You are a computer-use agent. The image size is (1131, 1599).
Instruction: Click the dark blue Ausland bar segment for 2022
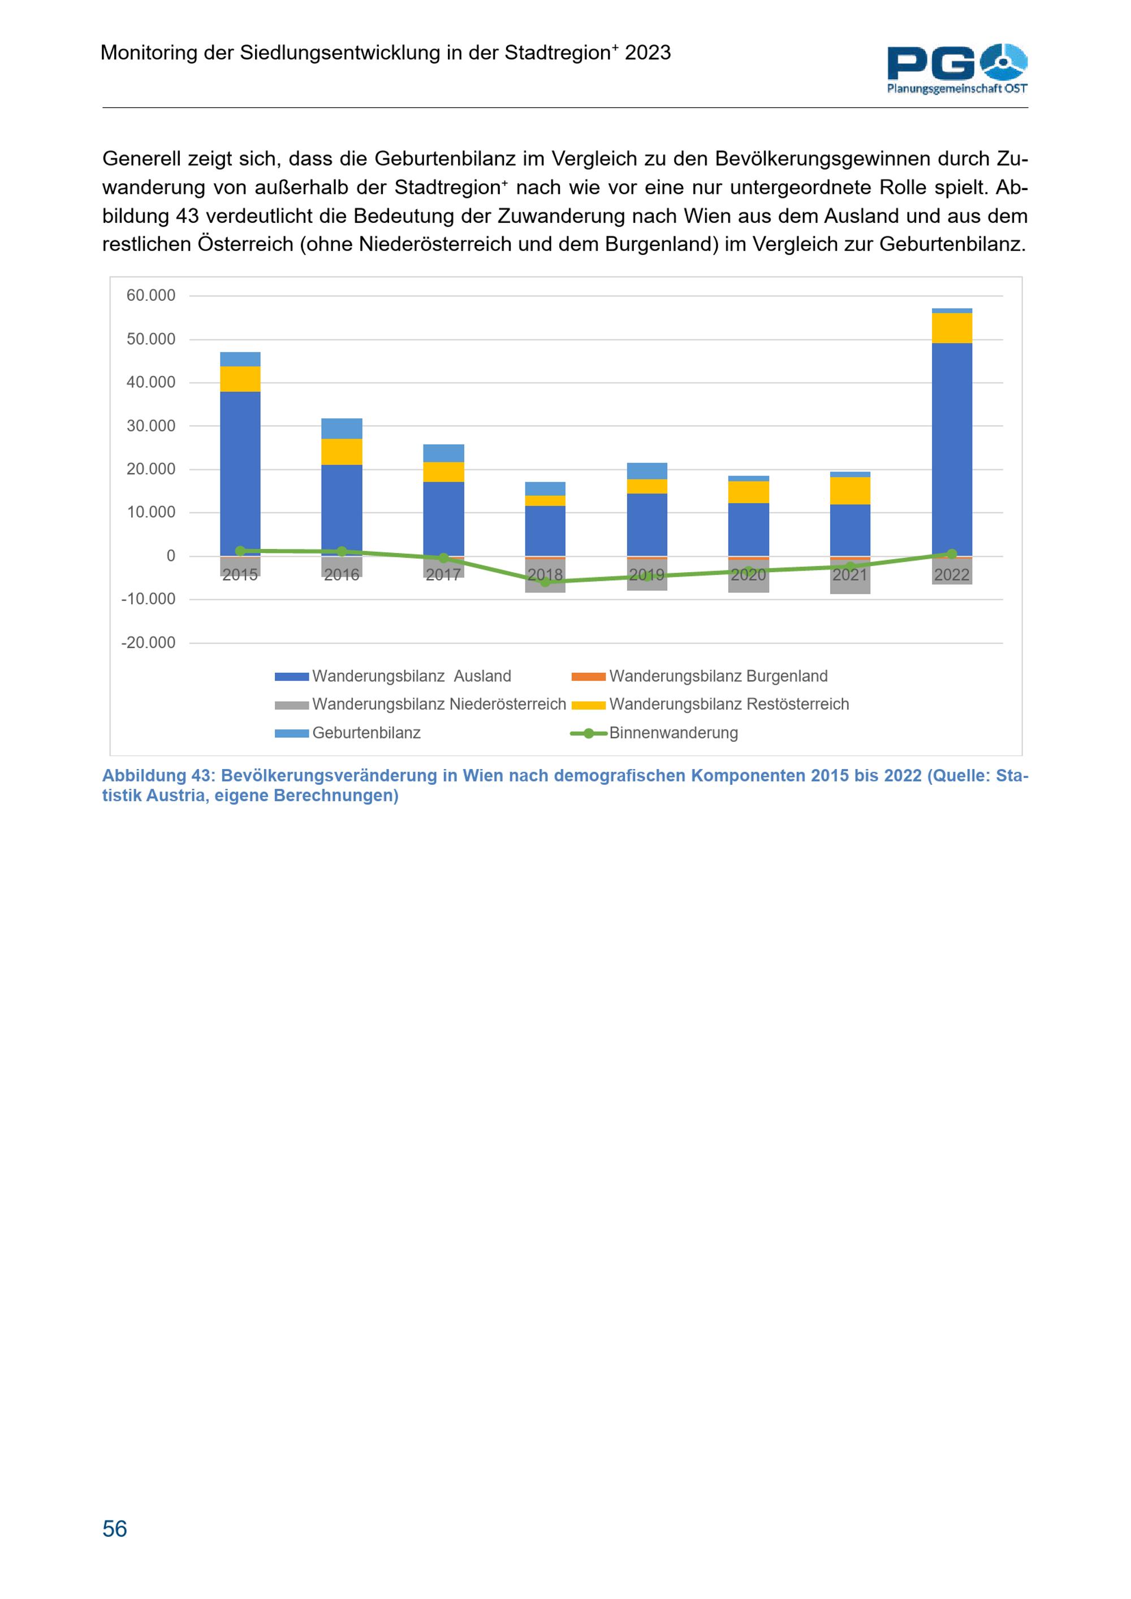tap(951, 449)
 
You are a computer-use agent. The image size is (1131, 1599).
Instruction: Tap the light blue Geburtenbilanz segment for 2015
tap(240, 360)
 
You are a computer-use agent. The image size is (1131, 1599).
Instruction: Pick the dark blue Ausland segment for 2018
tap(545, 531)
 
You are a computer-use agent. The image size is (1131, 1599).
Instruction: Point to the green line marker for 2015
tap(240, 551)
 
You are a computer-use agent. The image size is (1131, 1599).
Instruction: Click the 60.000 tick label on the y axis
tap(150, 296)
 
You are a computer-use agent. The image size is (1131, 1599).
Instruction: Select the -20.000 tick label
tap(148, 643)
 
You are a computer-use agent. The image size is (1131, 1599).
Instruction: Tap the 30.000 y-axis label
tap(150, 426)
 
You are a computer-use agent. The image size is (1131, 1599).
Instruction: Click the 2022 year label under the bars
tap(951, 575)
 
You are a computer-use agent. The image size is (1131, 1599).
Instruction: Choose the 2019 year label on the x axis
tap(646, 575)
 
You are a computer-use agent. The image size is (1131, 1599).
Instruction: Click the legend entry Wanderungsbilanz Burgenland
tap(718, 676)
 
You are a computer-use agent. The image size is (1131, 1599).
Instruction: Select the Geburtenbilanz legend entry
tap(366, 733)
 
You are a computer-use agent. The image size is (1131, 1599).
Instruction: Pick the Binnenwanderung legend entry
tap(673, 733)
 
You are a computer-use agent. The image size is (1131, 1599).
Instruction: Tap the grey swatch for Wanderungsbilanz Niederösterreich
tap(292, 705)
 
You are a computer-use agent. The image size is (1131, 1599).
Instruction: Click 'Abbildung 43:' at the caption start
tap(158, 776)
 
